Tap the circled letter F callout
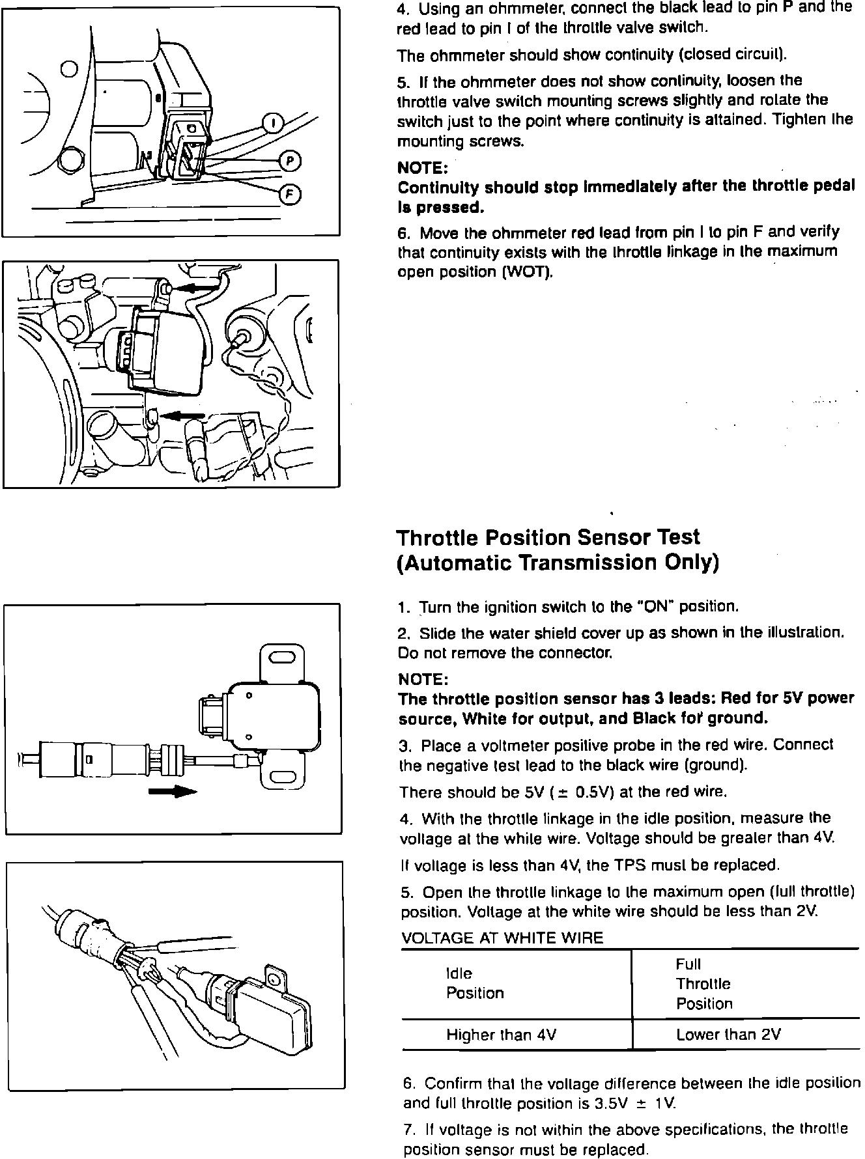click(289, 193)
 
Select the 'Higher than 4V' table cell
click(501, 1035)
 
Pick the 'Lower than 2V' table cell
click(728, 1035)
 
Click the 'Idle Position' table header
click(475, 983)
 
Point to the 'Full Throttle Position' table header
click(703, 984)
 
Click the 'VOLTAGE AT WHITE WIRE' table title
click(502, 938)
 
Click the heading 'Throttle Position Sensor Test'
click(548, 538)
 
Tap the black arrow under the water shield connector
click(173, 791)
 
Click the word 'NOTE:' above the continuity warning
click(422, 168)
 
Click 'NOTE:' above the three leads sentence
click(423, 680)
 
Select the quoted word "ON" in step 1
click(656, 607)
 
